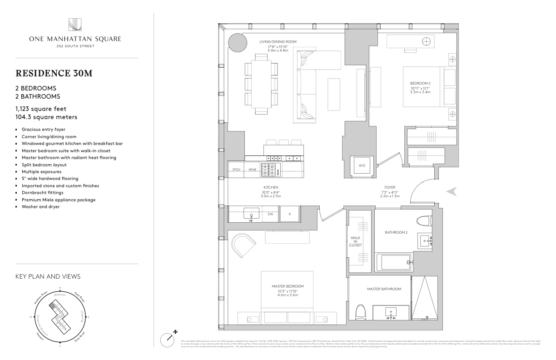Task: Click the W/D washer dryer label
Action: (x=362, y=165)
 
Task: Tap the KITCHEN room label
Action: (x=271, y=187)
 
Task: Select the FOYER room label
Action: (x=389, y=187)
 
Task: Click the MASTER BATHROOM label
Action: (x=384, y=289)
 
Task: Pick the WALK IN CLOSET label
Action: (x=356, y=241)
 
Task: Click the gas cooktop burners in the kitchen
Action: (x=271, y=170)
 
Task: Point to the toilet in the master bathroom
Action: (x=361, y=312)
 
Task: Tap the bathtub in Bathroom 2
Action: (x=395, y=262)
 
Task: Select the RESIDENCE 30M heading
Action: (x=54, y=73)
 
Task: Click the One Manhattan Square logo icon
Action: (x=75, y=25)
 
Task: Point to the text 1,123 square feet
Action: (x=41, y=109)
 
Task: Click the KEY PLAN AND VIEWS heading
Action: (x=48, y=276)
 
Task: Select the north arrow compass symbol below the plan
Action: (x=169, y=339)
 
